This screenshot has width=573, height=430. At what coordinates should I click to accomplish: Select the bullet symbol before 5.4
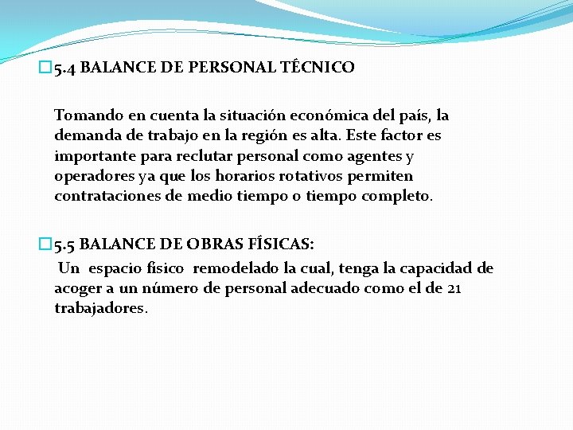tap(44, 68)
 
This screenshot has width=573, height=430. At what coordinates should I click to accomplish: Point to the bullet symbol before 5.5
tap(44, 244)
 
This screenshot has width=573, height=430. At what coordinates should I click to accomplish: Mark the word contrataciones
tap(105, 196)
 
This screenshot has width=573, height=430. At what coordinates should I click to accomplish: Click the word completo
tap(395, 196)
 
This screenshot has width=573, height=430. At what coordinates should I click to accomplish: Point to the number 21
tap(454, 288)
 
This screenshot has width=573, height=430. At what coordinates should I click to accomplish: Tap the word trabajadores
tap(100, 308)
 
